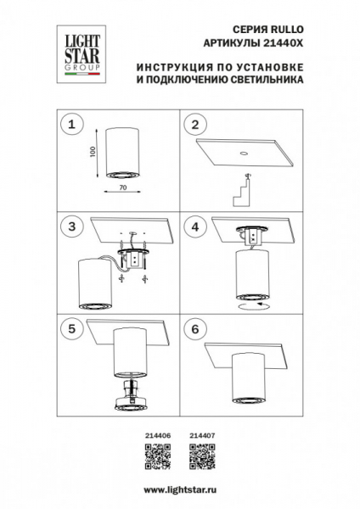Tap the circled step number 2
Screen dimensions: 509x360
click(x=196, y=125)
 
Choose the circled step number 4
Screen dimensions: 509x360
click(x=196, y=227)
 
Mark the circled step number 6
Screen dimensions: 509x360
click(x=196, y=329)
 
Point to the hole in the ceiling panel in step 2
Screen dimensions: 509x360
click(x=241, y=155)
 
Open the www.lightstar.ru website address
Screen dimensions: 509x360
click(x=180, y=489)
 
